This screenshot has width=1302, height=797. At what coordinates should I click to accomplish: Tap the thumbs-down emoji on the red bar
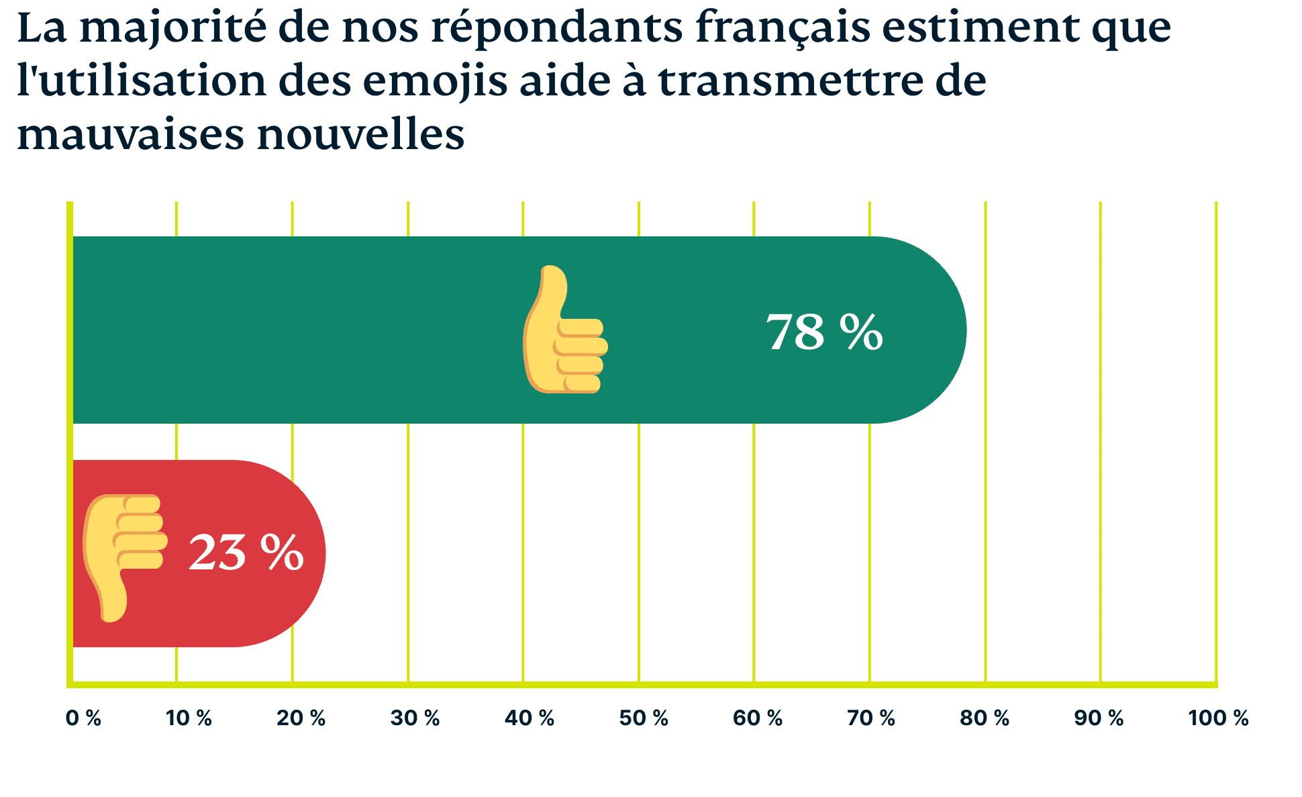[125, 557]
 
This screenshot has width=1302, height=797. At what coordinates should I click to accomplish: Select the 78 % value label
[824, 332]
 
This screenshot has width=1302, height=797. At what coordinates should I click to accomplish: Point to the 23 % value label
[246, 553]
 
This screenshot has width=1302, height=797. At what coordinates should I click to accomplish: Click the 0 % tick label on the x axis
[83, 718]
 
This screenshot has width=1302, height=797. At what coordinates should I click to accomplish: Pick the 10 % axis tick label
[189, 718]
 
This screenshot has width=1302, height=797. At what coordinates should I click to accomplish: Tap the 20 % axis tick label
[301, 718]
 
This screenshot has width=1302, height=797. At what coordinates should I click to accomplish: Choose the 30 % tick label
[415, 718]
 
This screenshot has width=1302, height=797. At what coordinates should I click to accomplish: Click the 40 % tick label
[530, 718]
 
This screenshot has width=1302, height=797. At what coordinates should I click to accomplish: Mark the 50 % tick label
[644, 718]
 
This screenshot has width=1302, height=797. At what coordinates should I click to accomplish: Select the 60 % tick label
[758, 718]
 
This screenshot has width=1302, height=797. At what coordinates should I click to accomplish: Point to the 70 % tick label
[871, 718]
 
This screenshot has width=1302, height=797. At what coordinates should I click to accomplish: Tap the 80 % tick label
[985, 718]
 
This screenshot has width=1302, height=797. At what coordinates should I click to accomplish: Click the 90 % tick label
[1099, 718]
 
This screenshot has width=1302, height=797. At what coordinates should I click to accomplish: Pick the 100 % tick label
[1218, 718]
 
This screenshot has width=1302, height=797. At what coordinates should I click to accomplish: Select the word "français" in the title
[782, 28]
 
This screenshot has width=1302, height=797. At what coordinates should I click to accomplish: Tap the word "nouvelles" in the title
[360, 134]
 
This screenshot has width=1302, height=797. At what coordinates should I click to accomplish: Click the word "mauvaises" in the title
[130, 134]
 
